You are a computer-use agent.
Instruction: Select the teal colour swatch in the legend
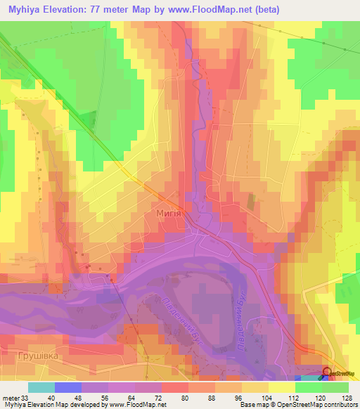(41, 388)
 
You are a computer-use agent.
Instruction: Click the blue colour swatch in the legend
(68, 388)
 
